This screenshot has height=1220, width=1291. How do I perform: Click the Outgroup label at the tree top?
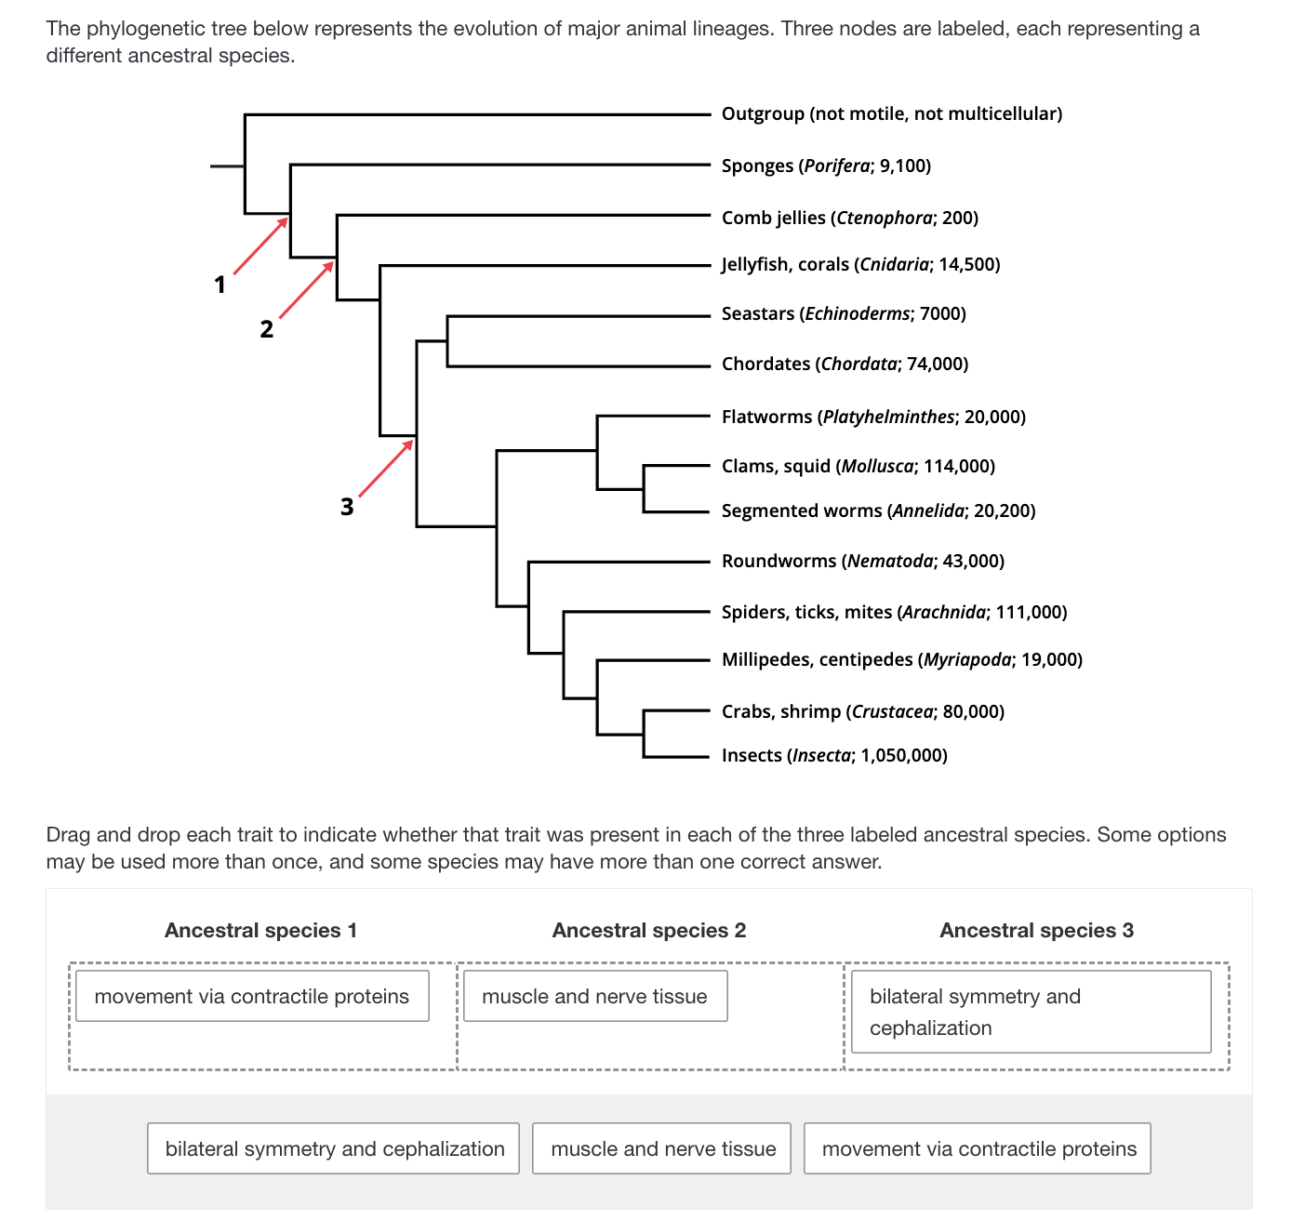pyautogui.click(x=891, y=113)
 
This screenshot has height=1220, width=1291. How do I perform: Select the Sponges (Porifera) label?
pyautogui.click(x=826, y=166)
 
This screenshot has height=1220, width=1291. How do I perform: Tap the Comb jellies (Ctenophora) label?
pyautogui.click(x=849, y=218)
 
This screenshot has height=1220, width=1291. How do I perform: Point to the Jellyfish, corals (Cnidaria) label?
pyautogui.click(x=860, y=264)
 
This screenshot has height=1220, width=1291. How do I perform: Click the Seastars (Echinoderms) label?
pyautogui.click(x=844, y=313)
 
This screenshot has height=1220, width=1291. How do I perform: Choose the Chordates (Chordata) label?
pyautogui.click(x=845, y=364)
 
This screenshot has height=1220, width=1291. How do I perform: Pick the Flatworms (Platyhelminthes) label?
pyautogui.click(x=873, y=417)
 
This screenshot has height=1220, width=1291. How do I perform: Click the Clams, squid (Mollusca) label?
pyautogui.click(x=858, y=466)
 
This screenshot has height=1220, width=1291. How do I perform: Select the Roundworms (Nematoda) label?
pyautogui.click(x=862, y=561)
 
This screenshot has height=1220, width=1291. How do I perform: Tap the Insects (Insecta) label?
pyautogui.click(x=834, y=755)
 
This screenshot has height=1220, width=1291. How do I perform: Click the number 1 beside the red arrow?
pyautogui.click(x=220, y=285)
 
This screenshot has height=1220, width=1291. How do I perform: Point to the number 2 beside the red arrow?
pyautogui.click(x=267, y=329)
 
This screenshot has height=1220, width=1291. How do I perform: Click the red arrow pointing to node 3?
pyautogui.click(x=385, y=469)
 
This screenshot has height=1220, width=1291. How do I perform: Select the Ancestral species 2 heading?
pyautogui.click(x=648, y=930)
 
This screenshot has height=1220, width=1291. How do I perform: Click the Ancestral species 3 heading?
pyautogui.click(x=1036, y=930)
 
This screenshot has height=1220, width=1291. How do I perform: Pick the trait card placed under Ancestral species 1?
pyautogui.click(x=252, y=996)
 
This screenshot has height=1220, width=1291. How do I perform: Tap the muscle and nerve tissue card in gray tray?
pyautogui.click(x=662, y=1148)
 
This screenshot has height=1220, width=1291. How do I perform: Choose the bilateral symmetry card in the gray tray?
pyautogui.click(x=334, y=1148)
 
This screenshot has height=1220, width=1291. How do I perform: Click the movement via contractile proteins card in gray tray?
pyautogui.click(x=978, y=1148)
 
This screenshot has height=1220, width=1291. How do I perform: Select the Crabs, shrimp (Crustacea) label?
pyautogui.click(x=862, y=711)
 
